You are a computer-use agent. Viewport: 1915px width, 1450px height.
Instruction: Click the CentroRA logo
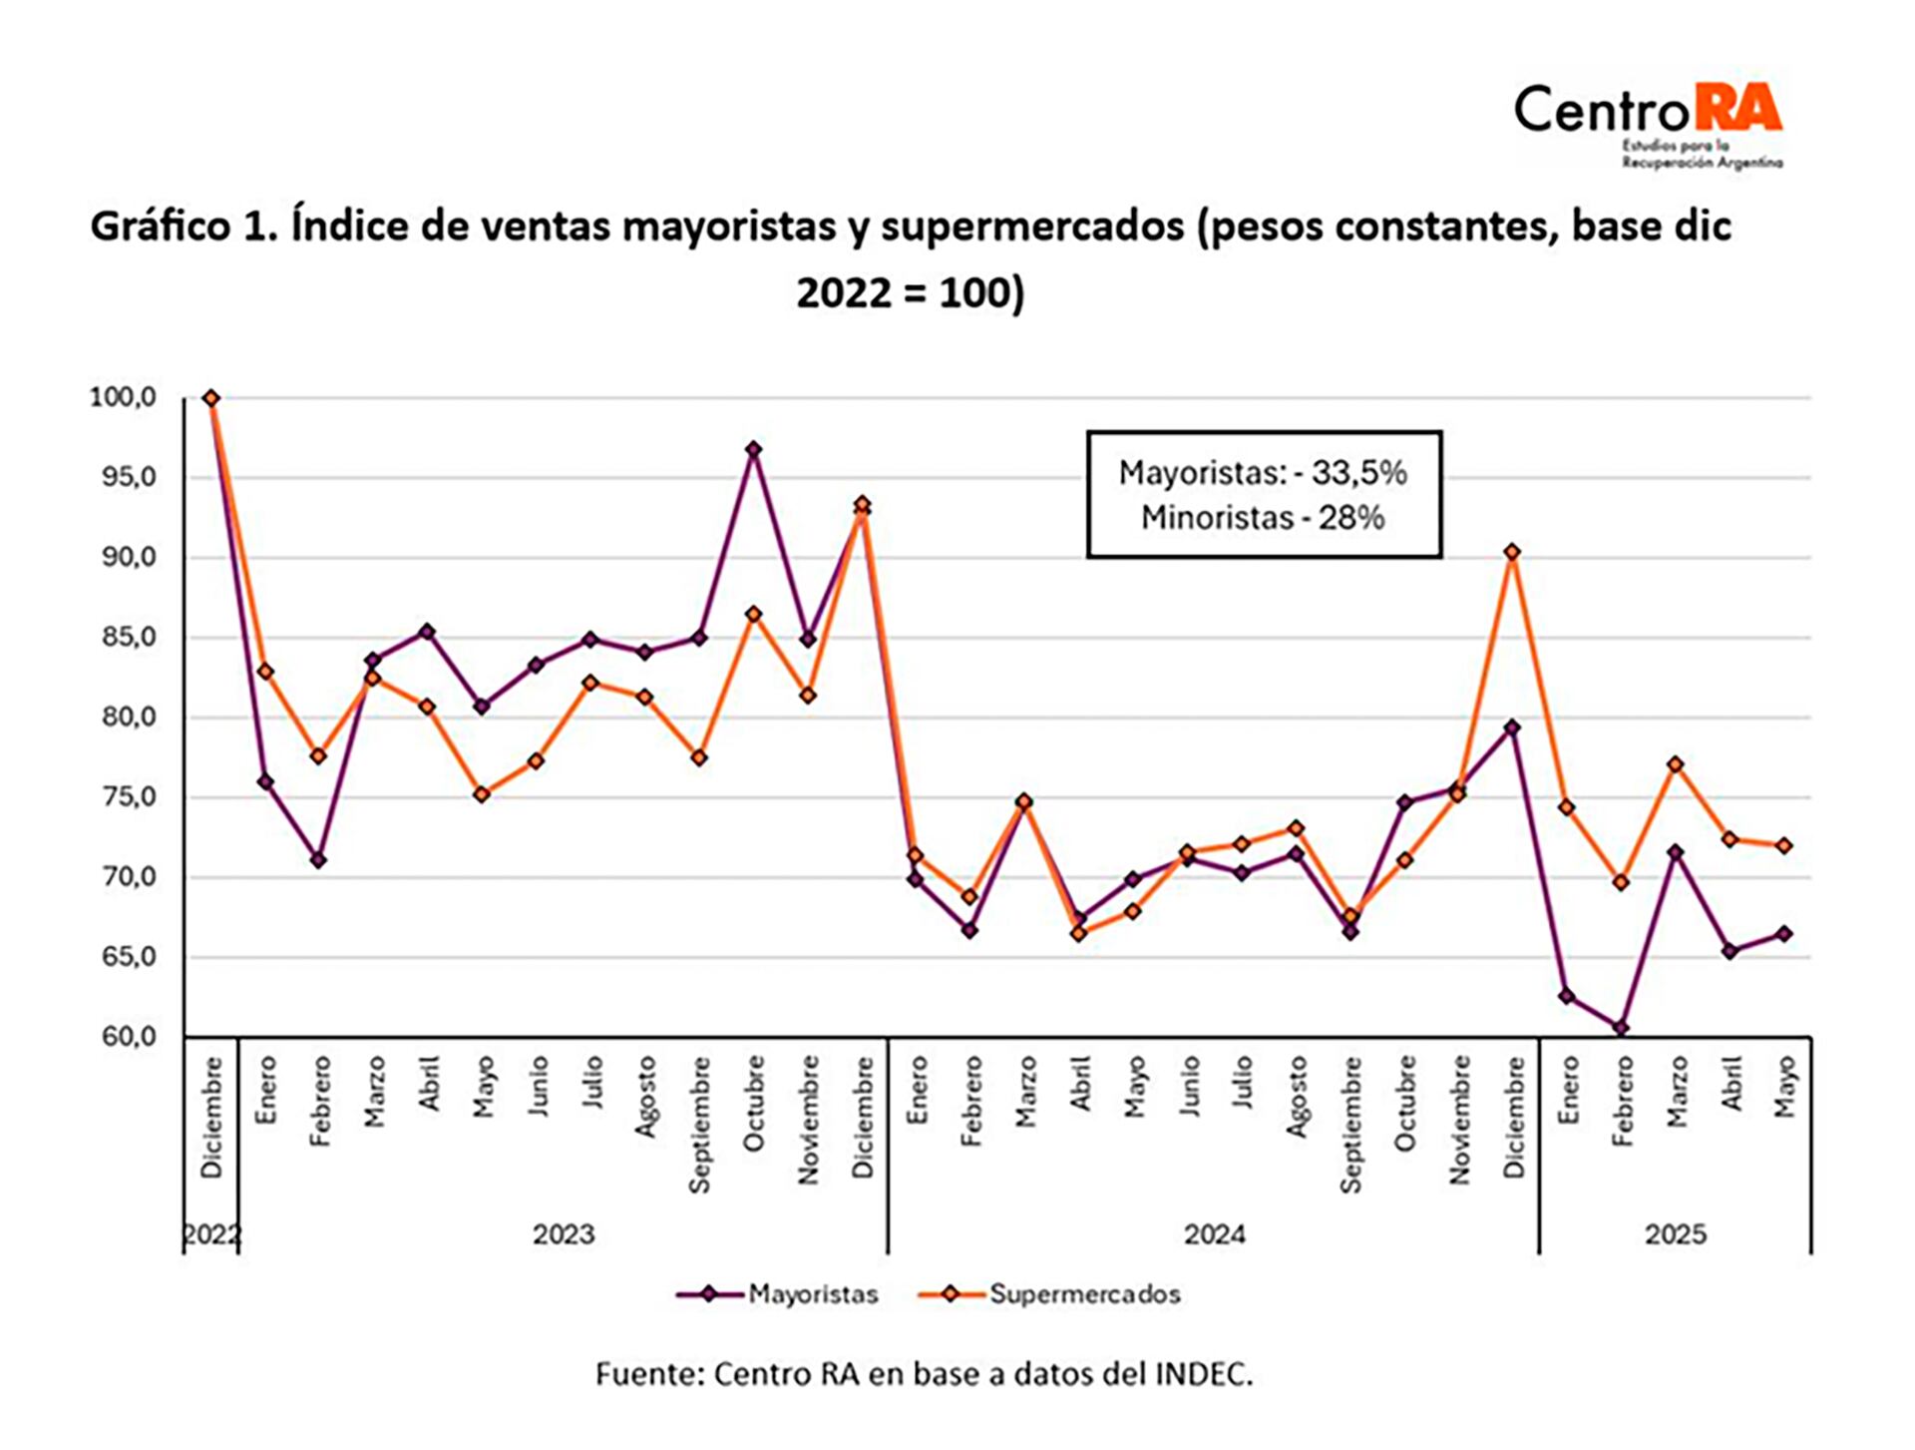(x=1648, y=122)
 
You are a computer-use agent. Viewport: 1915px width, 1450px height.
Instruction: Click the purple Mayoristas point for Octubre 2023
(x=754, y=450)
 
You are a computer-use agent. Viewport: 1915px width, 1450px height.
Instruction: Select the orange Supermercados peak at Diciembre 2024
(x=1512, y=552)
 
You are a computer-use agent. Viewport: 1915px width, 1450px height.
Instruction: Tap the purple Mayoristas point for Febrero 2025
(x=1621, y=1027)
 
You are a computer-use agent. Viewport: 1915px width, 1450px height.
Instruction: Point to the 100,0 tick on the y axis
(x=124, y=397)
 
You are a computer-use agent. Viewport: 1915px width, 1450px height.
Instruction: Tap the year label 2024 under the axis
(x=1214, y=1234)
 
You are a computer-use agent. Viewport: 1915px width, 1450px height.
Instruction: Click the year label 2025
(x=1676, y=1234)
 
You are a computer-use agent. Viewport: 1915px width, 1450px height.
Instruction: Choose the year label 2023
(x=564, y=1234)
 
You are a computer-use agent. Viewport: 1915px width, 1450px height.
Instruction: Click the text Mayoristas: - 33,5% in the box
(x=1263, y=472)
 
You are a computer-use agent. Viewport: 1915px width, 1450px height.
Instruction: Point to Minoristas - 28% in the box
(x=1263, y=518)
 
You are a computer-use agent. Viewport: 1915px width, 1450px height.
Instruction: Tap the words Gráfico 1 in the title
(x=175, y=227)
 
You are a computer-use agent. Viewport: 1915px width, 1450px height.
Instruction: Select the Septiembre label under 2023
(x=699, y=1124)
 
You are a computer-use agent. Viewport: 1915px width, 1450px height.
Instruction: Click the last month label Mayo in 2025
(x=1784, y=1087)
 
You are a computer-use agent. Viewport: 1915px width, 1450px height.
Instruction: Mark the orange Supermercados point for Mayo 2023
(x=482, y=794)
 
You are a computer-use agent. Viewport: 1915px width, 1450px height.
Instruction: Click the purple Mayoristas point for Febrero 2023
(x=318, y=860)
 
